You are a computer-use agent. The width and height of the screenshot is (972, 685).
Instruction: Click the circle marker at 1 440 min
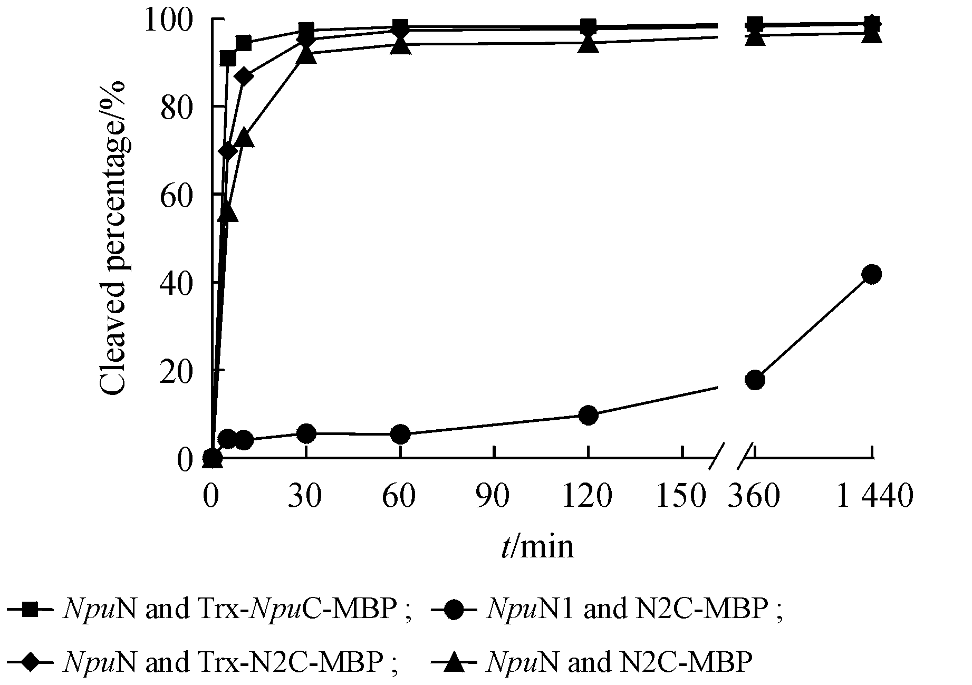(x=872, y=274)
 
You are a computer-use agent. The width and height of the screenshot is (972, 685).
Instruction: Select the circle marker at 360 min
(x=755, y=380)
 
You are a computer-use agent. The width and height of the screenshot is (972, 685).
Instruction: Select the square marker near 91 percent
(x=228, y=58)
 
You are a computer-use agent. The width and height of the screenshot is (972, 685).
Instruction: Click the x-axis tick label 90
(x=494, y=496)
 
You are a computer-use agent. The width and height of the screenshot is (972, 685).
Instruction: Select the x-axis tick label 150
(x=680, y=496)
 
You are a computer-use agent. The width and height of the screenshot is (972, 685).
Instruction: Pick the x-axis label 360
(x=753, y=496)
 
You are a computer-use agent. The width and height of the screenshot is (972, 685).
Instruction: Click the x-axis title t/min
(x=537, y=547)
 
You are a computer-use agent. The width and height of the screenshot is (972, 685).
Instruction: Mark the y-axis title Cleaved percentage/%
(x=113, y=238)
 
